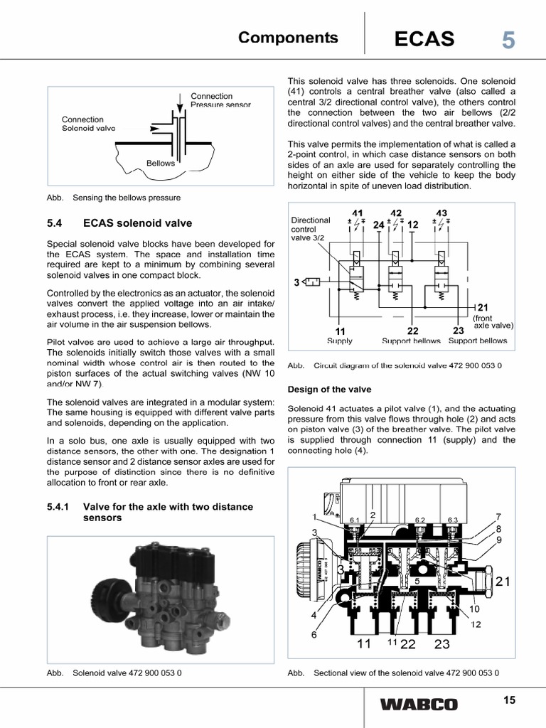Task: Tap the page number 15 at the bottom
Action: click(x=508, y=700)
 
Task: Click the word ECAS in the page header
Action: click(x=424, y=39)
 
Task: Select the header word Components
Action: click(x=288, y=38)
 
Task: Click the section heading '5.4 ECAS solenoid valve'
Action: click(x=119, y=223)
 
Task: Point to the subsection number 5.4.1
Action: click(x=60, y=507)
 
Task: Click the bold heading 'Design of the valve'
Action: click(x=328, y=389)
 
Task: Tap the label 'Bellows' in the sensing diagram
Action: click(x=160, y=163)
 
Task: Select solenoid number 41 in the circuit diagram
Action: click(x=357, y=213)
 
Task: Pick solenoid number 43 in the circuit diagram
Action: click(x=441, y=213)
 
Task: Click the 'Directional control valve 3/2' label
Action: click(x=311, y=229)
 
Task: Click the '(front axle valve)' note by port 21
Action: click(x=493, y=321)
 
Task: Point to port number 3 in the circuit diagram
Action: click(x=296, y=282)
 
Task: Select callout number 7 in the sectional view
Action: click(x=499, y=516)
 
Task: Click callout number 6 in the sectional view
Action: click(x=314, y=635)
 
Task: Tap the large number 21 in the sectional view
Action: click(x=503, y=582)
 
